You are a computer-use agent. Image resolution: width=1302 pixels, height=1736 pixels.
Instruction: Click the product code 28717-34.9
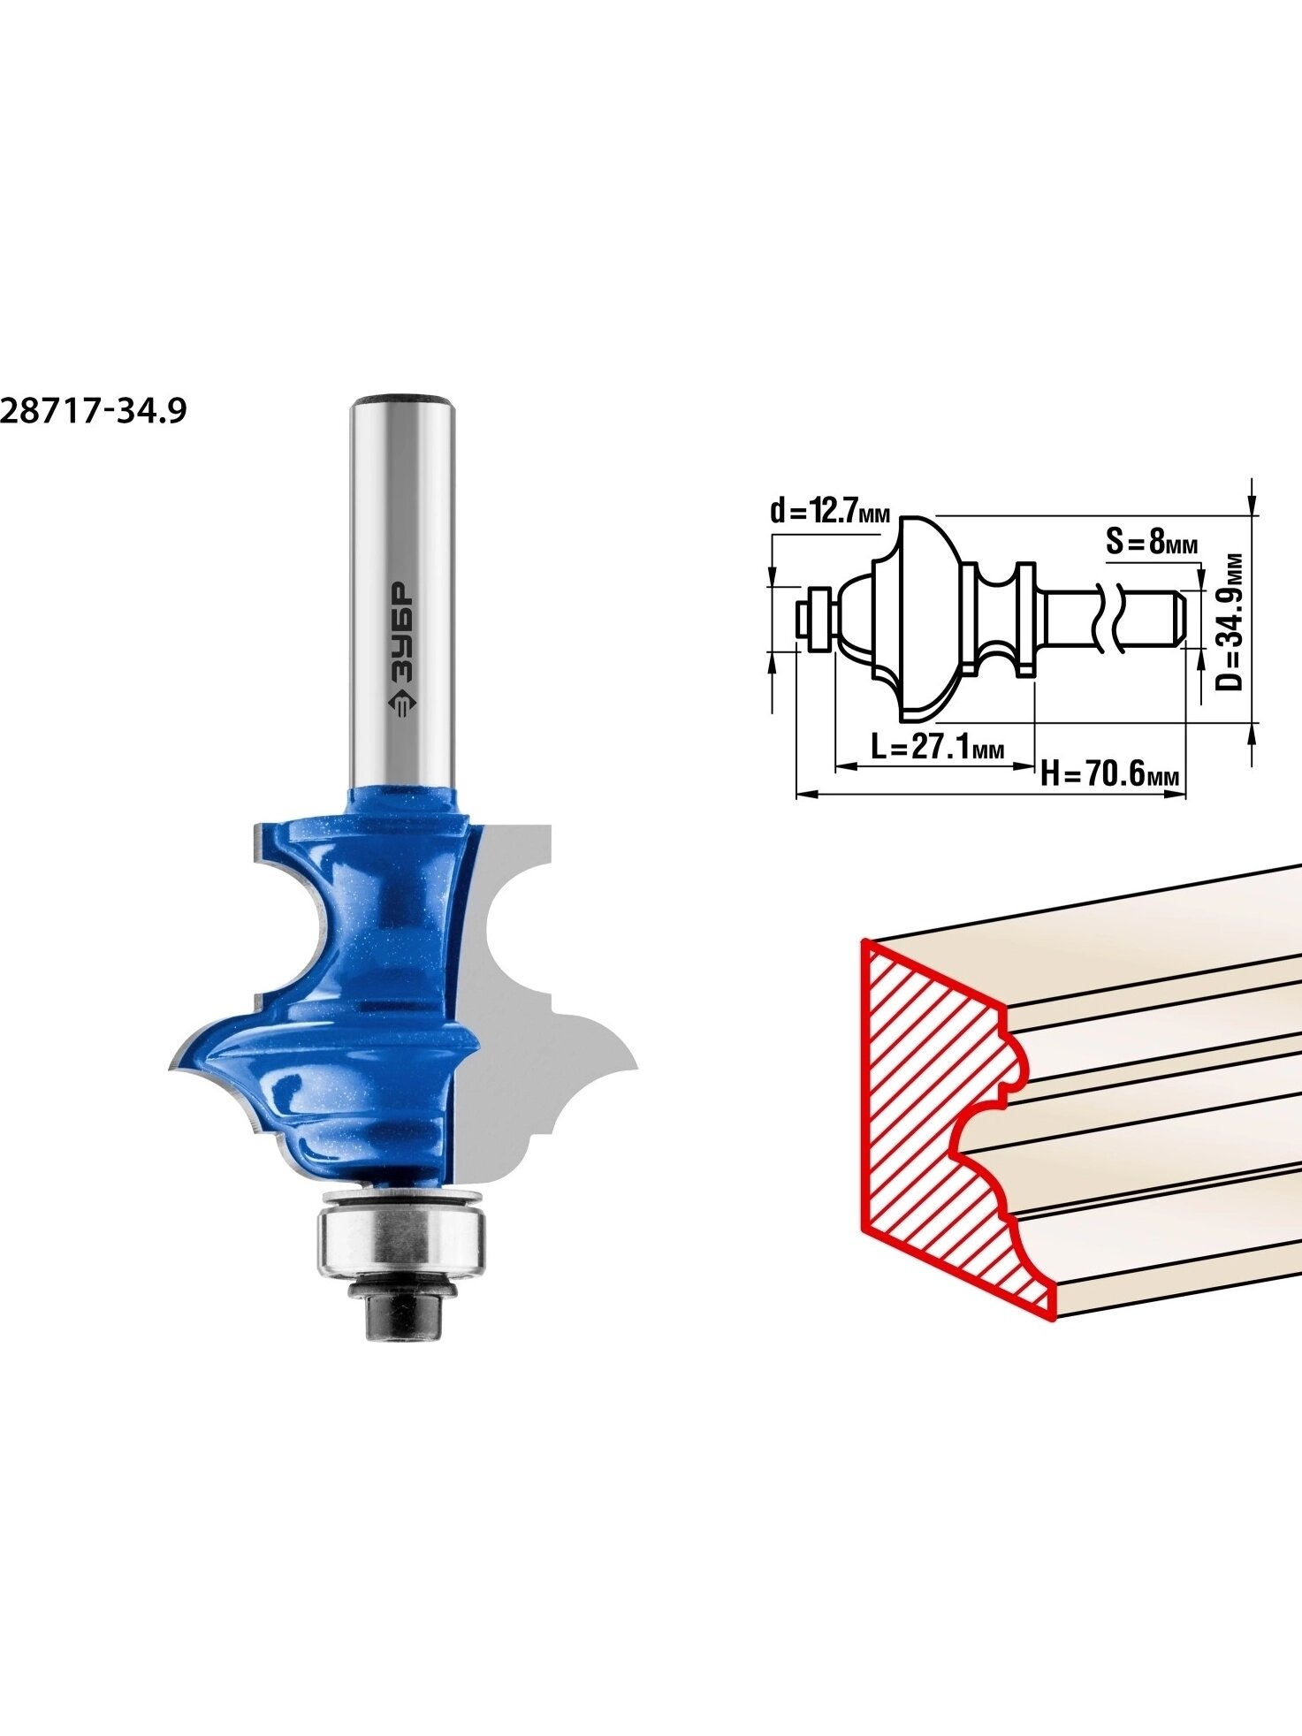click(94, 411)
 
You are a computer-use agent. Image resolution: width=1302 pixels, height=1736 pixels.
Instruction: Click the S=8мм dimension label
click(1152, 541)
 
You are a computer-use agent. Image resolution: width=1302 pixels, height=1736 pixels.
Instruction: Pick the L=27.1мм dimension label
click(938, 748)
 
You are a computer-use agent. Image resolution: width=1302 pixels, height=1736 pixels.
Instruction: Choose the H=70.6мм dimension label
click(1110, 773)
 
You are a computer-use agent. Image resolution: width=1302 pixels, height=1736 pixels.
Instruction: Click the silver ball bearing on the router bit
click(401, 1243)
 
